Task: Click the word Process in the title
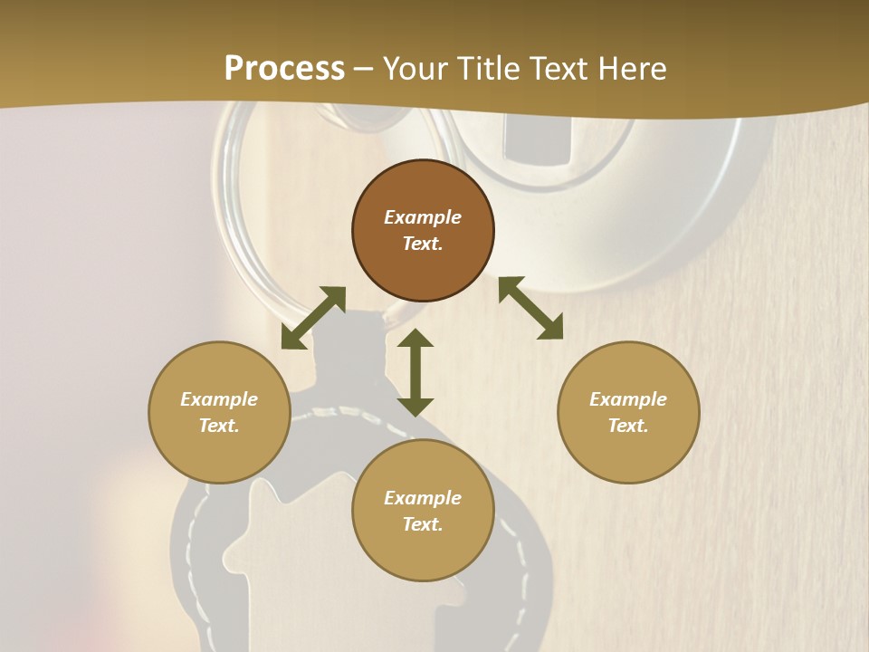tap(284, 69)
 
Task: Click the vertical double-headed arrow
tap(415, 372)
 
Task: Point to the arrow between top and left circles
tap(313, 318)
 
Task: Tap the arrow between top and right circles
tap(530, 308)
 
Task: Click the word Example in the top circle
tap(423, 217)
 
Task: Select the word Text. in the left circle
tap(219, 426)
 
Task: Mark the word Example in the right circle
tap(628, 399)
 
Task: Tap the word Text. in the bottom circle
tap(423, 524)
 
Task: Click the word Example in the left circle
tap(219, 399)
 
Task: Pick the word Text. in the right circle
tap(628, 426)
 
